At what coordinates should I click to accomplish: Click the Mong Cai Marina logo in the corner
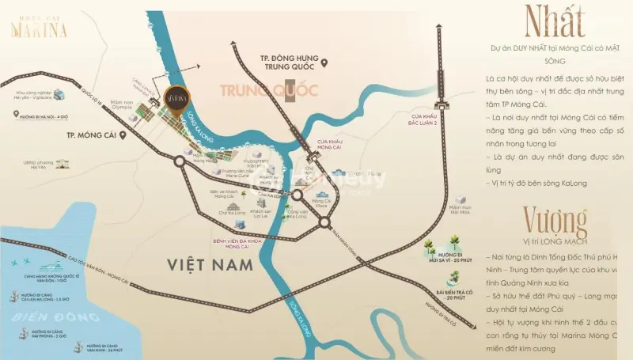(38, 29)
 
